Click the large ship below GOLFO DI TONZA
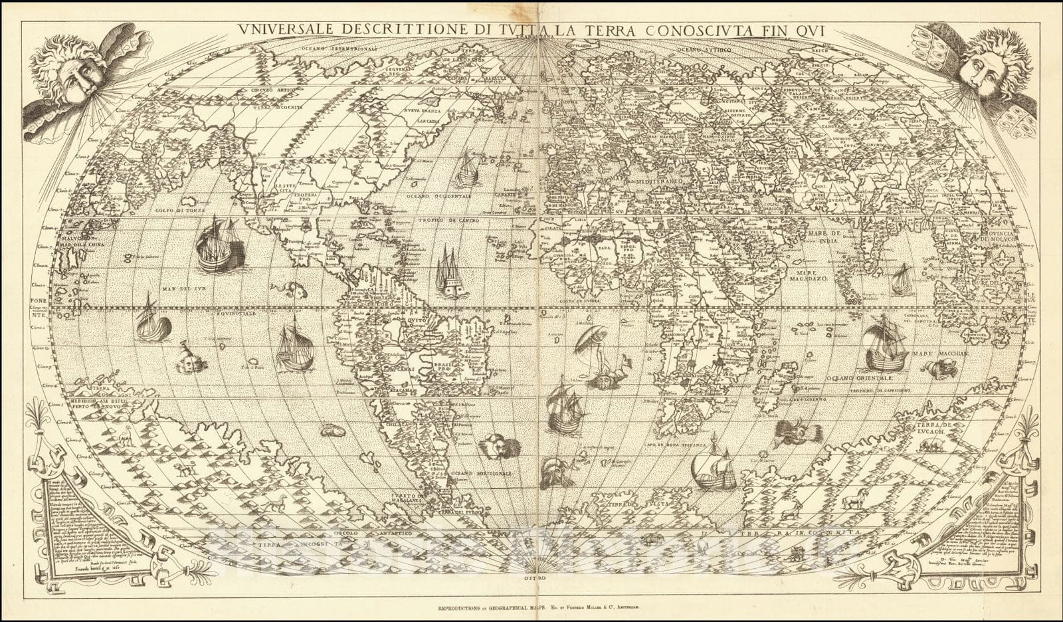point(218,244)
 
